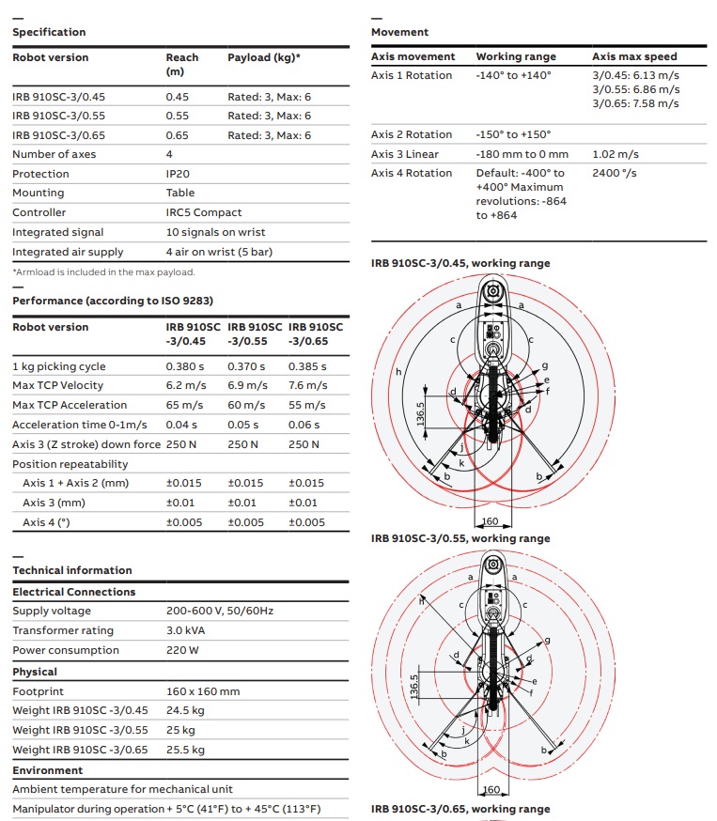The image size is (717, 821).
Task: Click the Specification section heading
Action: pyautogui.click(x=49, y=32)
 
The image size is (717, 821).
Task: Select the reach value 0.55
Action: pyautogui.click(x=178, y=116)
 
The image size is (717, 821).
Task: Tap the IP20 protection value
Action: pyautogui.click(x=179, y=174)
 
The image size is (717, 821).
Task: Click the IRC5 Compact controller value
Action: pyautogui.click(x=204, y=212)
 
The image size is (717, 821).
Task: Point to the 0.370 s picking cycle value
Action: pyautogui.click(x=247, y=366)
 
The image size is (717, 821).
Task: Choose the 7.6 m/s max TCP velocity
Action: pyautogui.click(x=307, y=385)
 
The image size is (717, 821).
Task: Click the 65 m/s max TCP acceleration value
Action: pyautogui.click(x=186, y=405)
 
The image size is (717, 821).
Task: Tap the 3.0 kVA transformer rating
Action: pyautogui.click(x=187, y=630)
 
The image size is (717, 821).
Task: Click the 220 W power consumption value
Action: pyautogui.click(x=182, y=650)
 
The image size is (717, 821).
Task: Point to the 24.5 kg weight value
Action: pyautogui.click(x=185, y=710)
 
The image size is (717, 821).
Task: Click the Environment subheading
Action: pyautogui.click(x=47, y=770)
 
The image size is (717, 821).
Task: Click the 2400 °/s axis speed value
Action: pyautogui.click(x=615, y=173)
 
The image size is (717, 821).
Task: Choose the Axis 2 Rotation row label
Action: pyautogui.click(x=412, y=134)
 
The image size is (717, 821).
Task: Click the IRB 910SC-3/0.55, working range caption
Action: pyautogui.click(x=460, y=538)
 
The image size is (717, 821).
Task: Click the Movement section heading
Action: pyautogui.click(x=399, y=32)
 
